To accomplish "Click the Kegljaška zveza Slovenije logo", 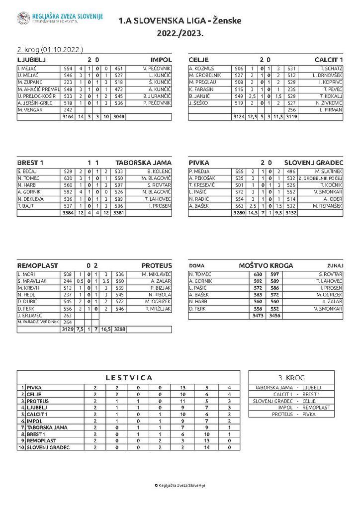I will (23, 18).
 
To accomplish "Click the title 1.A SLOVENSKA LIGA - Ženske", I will (180, 21).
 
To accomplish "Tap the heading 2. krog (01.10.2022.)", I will (50, 50).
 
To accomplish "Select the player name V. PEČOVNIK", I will (157, 68).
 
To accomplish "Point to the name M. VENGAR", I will (30, 110).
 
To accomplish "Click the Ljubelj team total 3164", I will (67, 117).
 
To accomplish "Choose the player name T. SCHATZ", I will (332, 68).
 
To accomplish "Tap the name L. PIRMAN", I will (331, 110).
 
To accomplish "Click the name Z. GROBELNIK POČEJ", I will (321, 178).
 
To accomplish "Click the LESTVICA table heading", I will (128, 378).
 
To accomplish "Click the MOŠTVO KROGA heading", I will (266, 265).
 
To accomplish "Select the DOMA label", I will (197, 266).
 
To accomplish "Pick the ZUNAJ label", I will (335, 266).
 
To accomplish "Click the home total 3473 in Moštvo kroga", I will (258, 316).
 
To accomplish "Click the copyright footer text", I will (180, 485).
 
